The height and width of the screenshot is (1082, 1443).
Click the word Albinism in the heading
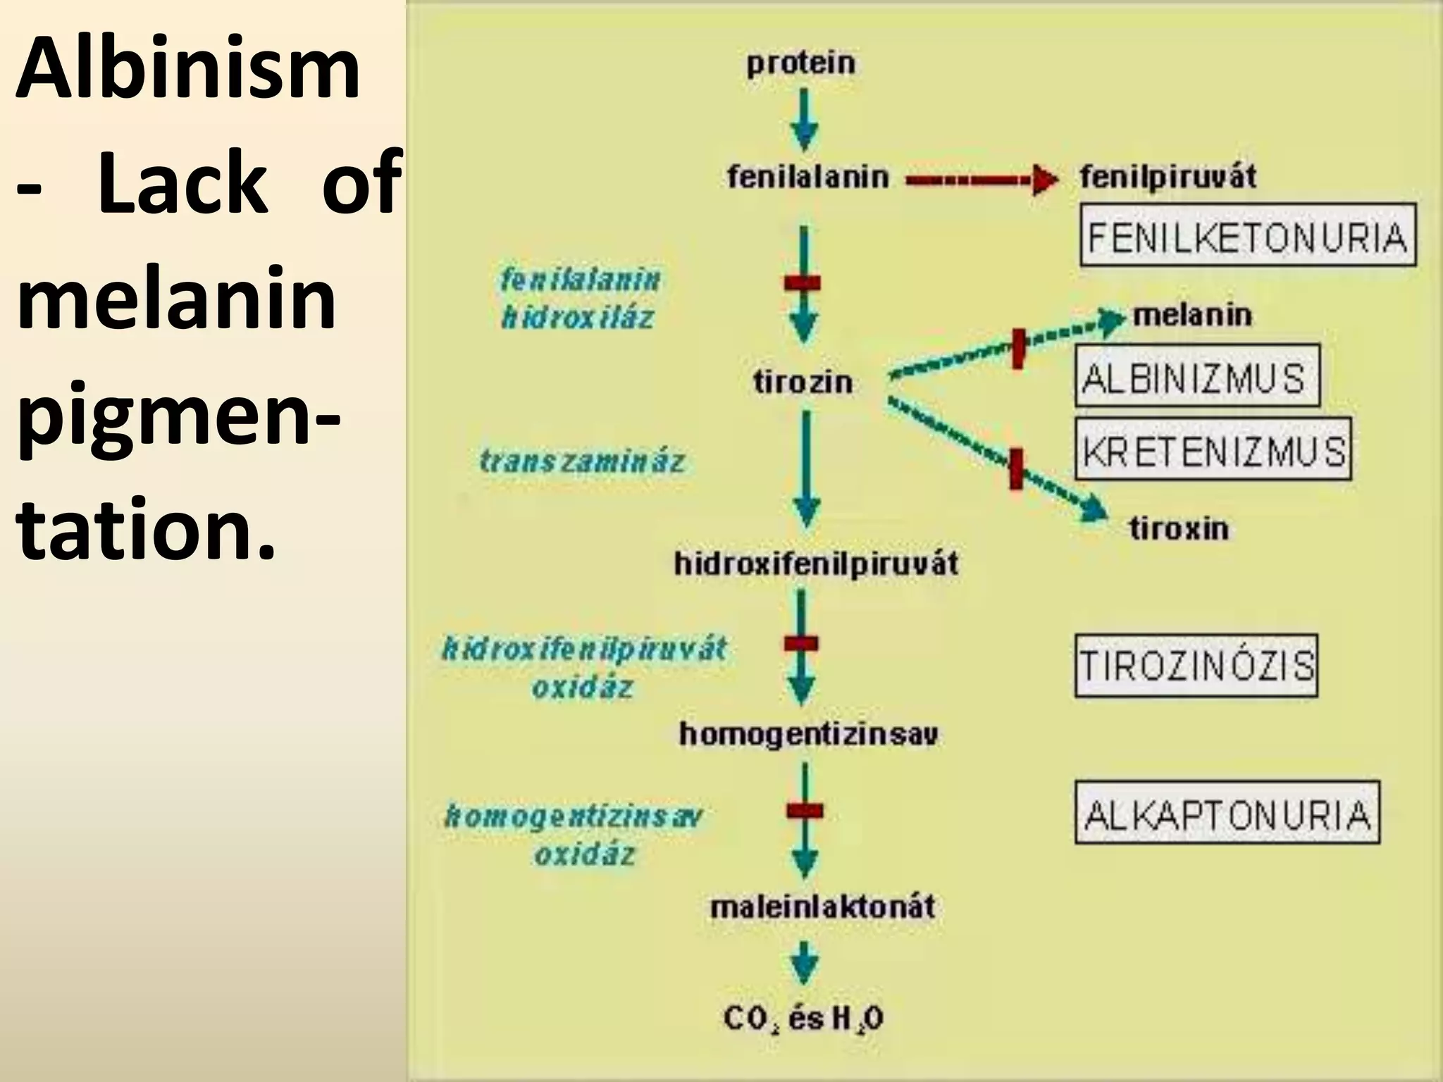[x=187, y=69]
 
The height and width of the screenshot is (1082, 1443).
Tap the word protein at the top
[x=801, y=63]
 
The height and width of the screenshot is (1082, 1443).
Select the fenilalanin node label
[x=807, y=176]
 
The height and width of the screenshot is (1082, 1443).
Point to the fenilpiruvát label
[x=1168, y=176]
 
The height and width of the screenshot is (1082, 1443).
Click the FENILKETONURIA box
[x=1247, y=235]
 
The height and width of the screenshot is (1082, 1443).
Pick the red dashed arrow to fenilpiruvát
[x=979, y=181]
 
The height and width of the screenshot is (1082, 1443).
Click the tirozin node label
[x=803, y=383]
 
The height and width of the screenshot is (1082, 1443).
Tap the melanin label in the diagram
[x=1191, y=315]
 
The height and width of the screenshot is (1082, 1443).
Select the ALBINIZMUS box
[x=1196, y=375]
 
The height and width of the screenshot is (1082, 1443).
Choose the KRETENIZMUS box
[x=1213, y=449]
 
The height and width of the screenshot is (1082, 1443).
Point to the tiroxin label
[x=1179, y=528]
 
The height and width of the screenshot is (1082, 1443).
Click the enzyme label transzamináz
[x=582, y=461]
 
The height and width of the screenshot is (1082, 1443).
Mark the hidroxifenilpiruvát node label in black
[x=816, y=564]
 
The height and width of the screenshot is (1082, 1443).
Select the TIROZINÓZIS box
[x=1196, y=666]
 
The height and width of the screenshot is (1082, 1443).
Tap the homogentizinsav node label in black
[x=808, y=735]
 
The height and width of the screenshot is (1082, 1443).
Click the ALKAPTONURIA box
[x=1227, y=812]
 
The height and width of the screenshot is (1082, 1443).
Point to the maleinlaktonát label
[x=822, y=906]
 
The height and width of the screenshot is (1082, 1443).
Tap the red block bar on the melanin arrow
[x=1017, y=348]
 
